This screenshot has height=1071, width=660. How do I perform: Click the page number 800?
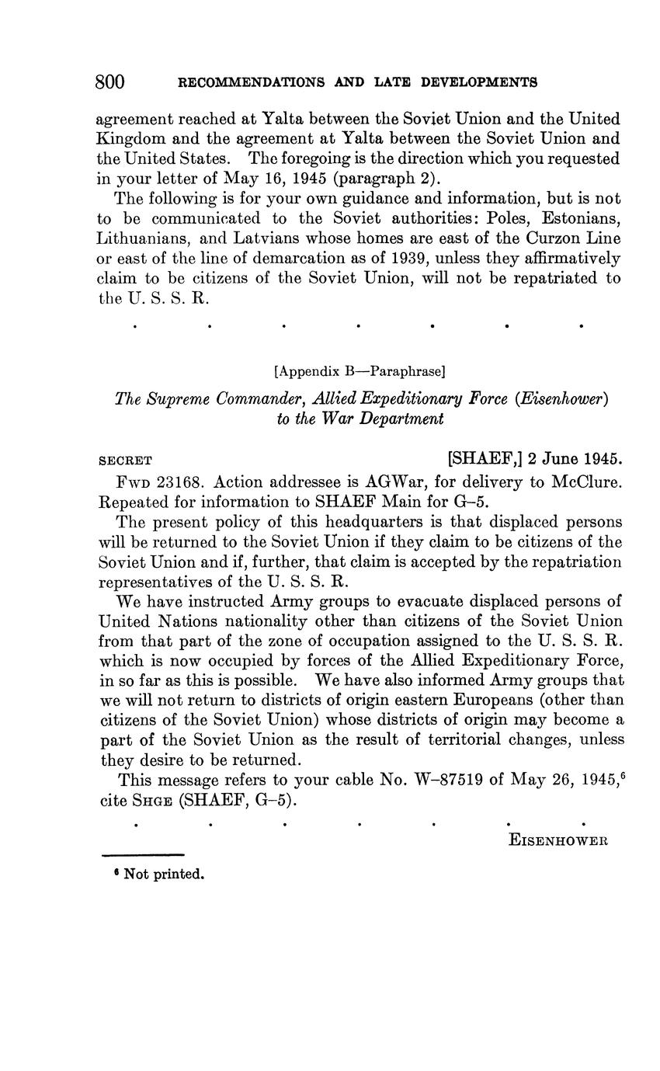coord(110,82)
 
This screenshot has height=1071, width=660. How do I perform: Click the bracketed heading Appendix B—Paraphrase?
coord(360,371)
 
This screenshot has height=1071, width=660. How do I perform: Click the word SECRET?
coord(127,460)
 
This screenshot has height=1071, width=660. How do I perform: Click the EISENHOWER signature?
coord(558,840)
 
